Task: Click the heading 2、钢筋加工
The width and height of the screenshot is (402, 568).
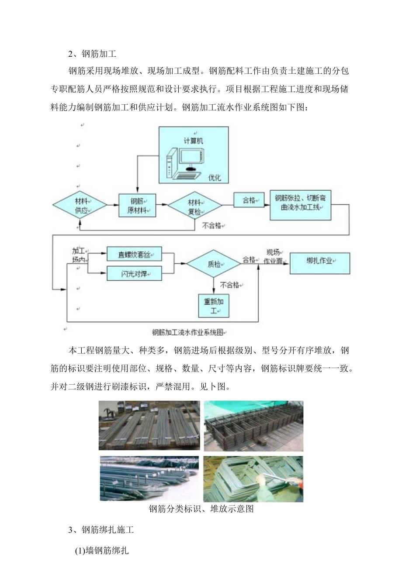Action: click(x=92, y=54)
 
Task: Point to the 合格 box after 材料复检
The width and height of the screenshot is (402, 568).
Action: click(x=250, y=201)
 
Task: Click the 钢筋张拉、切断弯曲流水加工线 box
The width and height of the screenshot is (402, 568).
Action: click(x=300, y=204)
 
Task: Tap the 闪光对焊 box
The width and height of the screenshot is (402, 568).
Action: click(x=134, y=274)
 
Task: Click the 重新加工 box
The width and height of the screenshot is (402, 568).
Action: click(x=214, y=306)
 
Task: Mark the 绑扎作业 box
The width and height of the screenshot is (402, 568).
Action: click(x=320, y=263)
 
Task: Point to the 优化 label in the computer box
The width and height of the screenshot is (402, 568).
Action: click(x=215, y=177)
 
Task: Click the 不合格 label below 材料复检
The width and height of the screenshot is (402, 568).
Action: click(x=213, y=226)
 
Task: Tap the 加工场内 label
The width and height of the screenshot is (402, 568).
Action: click(x=80, y=255)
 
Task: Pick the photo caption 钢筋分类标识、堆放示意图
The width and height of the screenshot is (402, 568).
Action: click(x=201, y=509)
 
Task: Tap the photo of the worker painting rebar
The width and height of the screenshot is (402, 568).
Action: click(x=253, y=478)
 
